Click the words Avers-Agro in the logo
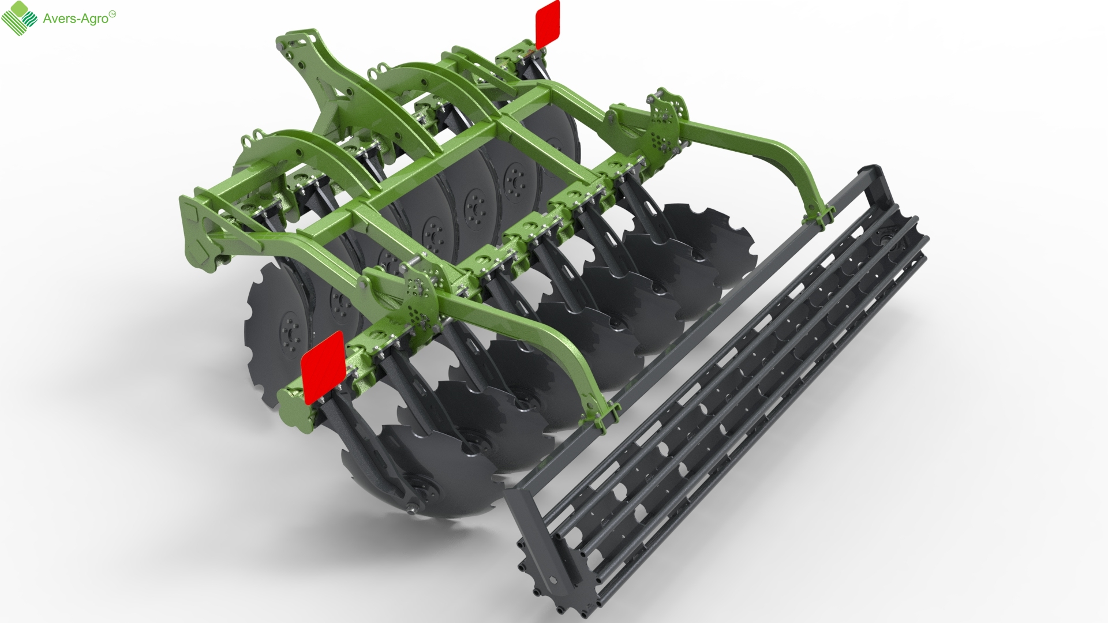click(76, 18)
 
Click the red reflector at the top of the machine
click(548, 24)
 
